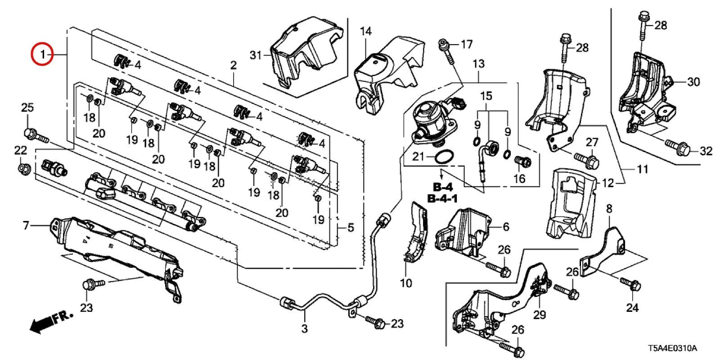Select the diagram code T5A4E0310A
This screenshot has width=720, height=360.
(x=672, y=348)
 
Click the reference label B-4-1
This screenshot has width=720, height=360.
(x=443, y=198)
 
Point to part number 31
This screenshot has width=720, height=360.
(x=256, y=55)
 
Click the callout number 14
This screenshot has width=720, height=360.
(x=366, y=31)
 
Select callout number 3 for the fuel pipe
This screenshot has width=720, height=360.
(x=304, y=328)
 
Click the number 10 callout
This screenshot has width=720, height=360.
(x=406, y=283)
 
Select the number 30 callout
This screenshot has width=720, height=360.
(x=694, y=82)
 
